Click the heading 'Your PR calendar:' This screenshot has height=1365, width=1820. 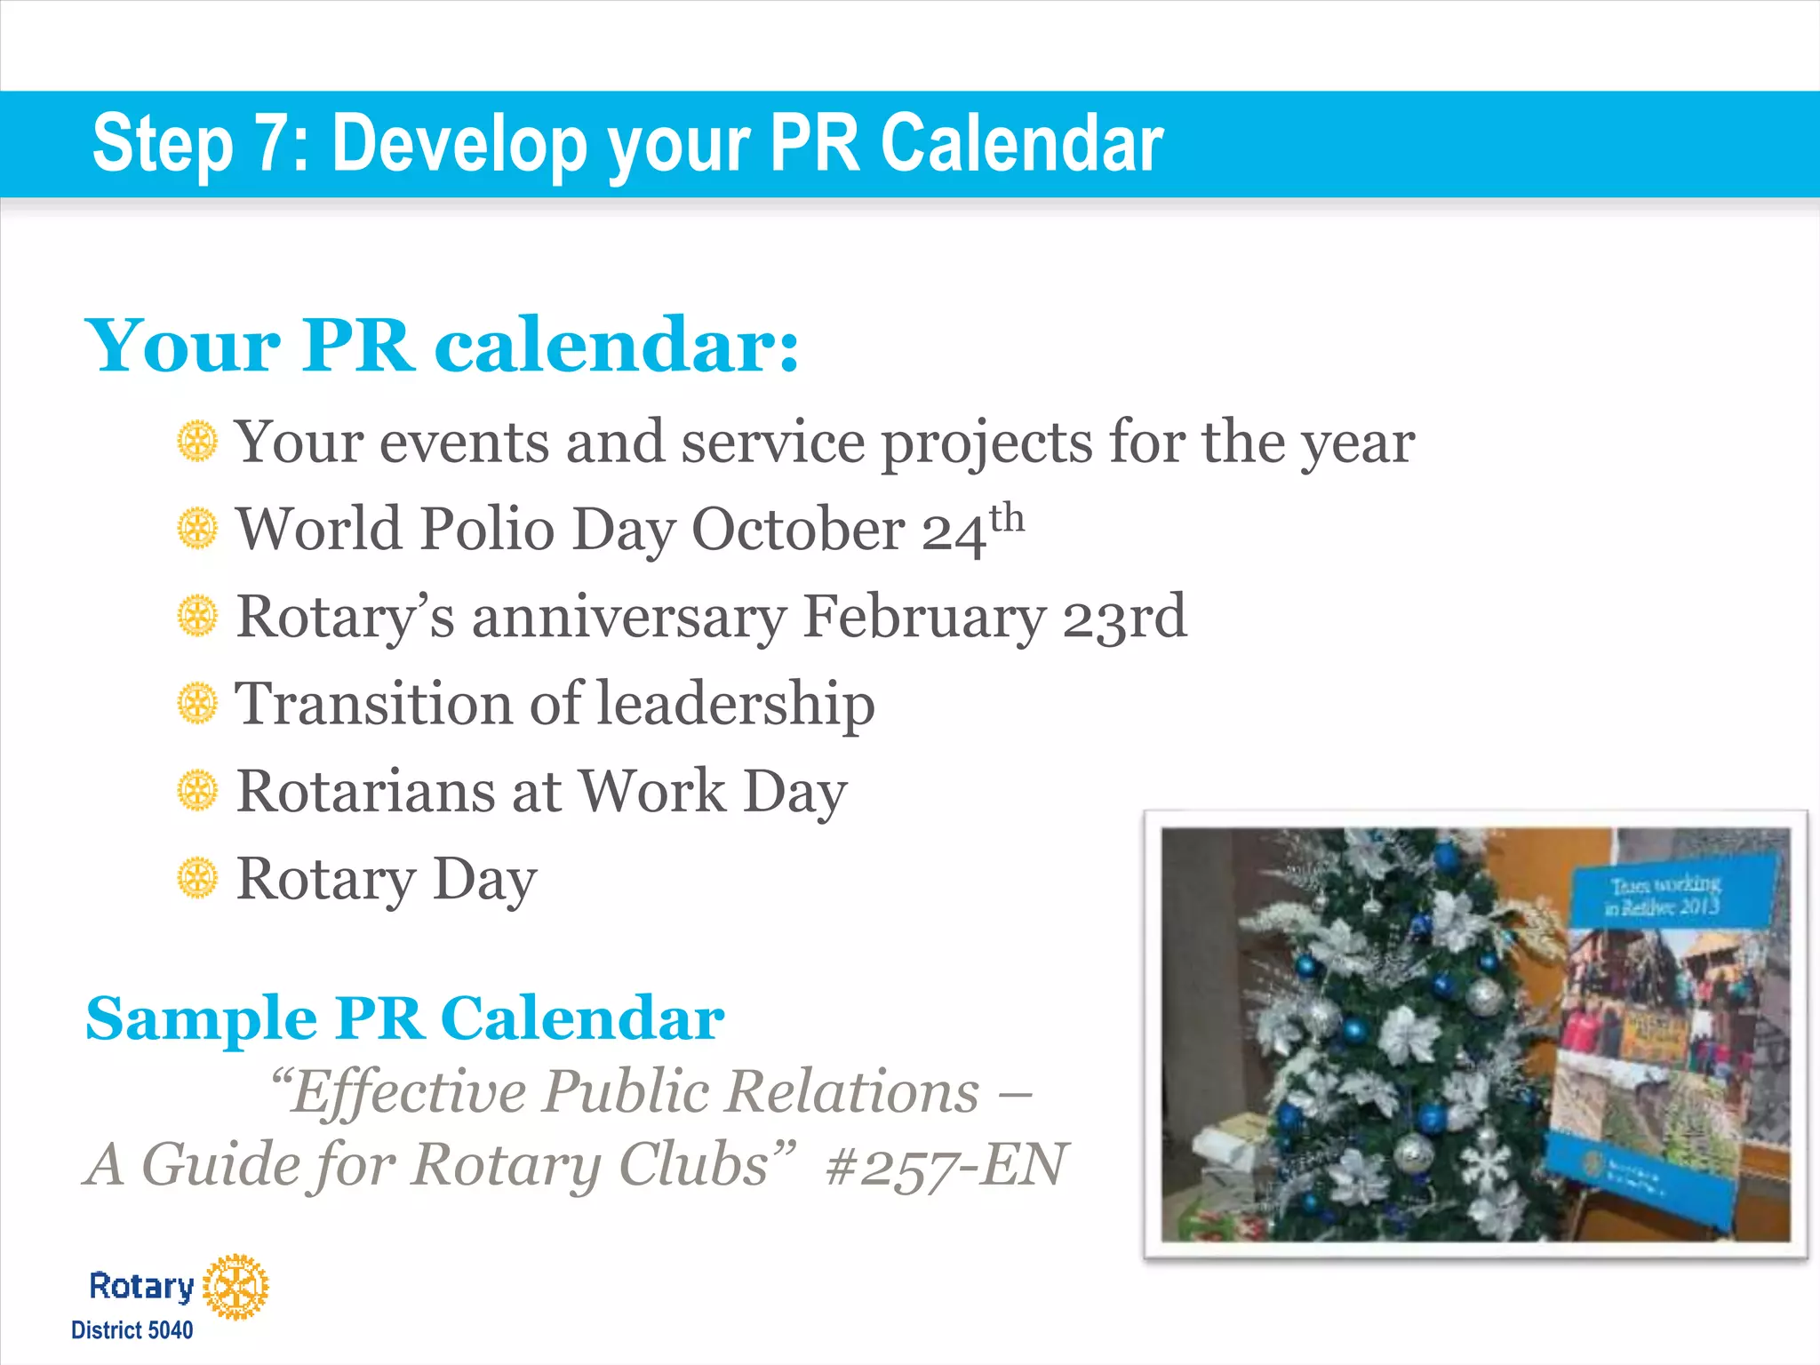(x=442, y=346)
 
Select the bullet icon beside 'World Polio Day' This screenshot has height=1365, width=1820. (x=196, y=529)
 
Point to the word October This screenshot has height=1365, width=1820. (x=797, y=531)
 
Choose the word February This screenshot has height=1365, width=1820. (x=924, y=616)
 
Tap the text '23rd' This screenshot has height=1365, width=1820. (x=1125, y=616)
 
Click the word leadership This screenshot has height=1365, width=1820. (x=735, y=704)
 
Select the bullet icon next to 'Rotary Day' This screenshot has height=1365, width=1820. (x=196, y=879)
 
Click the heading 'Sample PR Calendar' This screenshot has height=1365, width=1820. (x=405, y=1018)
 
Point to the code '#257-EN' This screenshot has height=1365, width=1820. (x=946, y=1165)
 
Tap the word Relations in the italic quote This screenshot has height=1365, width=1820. (x=852, y=1091)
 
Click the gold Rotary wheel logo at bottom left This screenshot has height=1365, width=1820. (x=235, y=1286)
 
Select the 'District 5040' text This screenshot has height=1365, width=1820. (x=132, y=1330)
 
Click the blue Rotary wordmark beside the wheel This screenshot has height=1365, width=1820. (x=141, y=1286)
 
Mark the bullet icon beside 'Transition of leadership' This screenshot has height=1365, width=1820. (x=196, y=704)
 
